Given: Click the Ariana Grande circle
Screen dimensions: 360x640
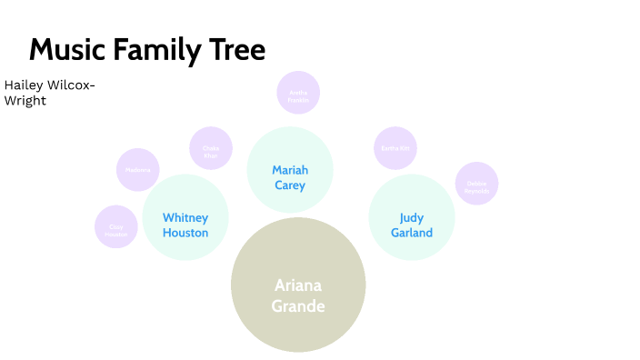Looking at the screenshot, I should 298,285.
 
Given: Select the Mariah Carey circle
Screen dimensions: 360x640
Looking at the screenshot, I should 290,170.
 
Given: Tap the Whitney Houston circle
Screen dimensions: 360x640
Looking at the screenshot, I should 185,218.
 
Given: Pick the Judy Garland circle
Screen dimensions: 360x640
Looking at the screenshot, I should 411,217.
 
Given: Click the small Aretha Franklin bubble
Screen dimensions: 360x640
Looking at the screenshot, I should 298,93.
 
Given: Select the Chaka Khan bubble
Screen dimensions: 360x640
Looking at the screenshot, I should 211,148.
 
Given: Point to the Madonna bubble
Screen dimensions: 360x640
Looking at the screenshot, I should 138,170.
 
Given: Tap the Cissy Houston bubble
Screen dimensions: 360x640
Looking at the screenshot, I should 116,227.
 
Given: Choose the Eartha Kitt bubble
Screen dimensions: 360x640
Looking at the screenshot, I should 395,148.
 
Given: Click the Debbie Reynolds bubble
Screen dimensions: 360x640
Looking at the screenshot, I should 476,184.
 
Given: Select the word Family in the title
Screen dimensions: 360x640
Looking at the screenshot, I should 158,50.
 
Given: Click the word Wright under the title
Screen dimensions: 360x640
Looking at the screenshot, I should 25,101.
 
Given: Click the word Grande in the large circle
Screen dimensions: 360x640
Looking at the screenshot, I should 298,305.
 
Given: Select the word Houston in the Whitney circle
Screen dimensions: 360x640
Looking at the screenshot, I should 185,233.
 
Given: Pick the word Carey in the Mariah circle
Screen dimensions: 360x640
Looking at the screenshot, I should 290,185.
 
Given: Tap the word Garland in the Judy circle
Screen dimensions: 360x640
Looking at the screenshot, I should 411,233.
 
